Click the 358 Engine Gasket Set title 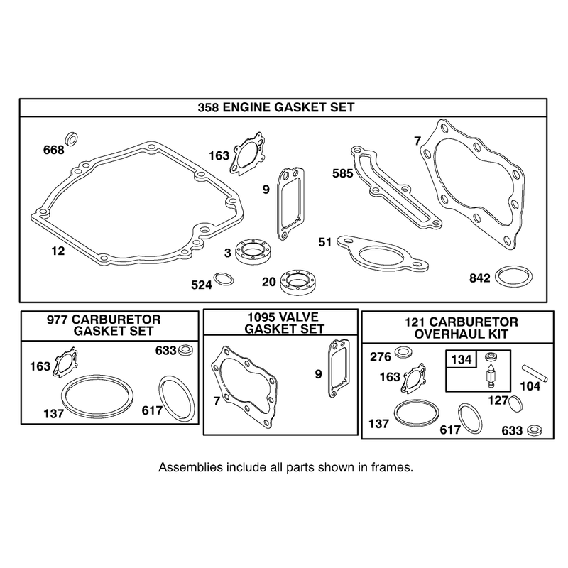click(275, 107)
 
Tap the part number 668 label click(54, 150)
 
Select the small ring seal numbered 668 click(72, 138)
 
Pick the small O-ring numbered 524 click(224, 279)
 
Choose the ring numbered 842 click(513, 278)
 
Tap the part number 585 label click(342, 173)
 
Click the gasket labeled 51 click(383, 253)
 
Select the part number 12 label click(58, 251)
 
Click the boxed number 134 click(461, 359)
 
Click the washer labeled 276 click(403, 352)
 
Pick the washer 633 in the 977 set click(185, 351)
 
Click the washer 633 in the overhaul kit click(534, 430)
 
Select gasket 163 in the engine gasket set click(246, 152)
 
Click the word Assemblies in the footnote click(190, 467)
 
